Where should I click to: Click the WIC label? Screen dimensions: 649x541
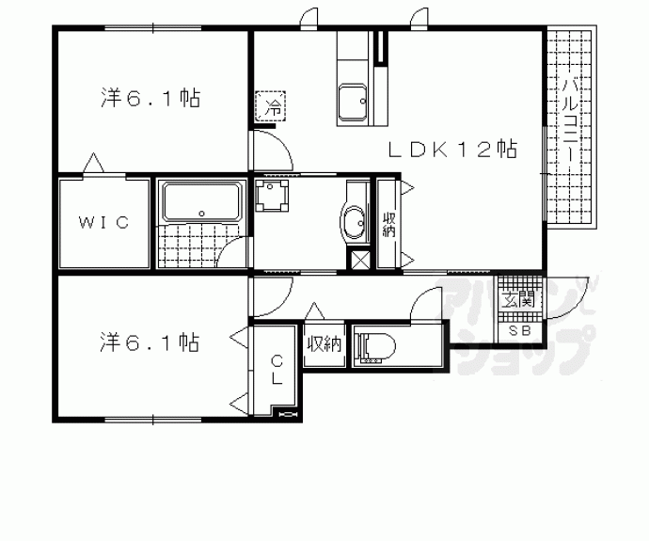[x=103, y=223]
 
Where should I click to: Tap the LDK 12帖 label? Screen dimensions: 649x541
[x=452, y=150]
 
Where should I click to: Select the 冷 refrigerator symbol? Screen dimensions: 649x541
[x=271, y=106]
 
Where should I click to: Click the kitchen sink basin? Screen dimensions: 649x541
[x=352, y=103]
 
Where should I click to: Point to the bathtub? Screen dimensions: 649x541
[x=201, y=202]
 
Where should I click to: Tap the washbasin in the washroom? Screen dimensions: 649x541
[x=354, y=223]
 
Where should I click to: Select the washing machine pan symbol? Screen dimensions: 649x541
[x=271, y=195]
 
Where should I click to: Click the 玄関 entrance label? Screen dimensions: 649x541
[x=518, y=299]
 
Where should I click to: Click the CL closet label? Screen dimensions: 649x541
[x=277, y=370]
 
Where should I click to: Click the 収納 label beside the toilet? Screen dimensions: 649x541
[x=324, y=343]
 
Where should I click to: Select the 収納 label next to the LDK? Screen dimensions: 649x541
[x=388, y=225]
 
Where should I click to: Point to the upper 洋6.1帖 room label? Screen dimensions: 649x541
[x=150, y=99]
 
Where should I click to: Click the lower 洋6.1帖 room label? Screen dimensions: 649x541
[x=150, y=342]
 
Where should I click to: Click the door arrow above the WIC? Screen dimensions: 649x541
[x=93, y=163]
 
